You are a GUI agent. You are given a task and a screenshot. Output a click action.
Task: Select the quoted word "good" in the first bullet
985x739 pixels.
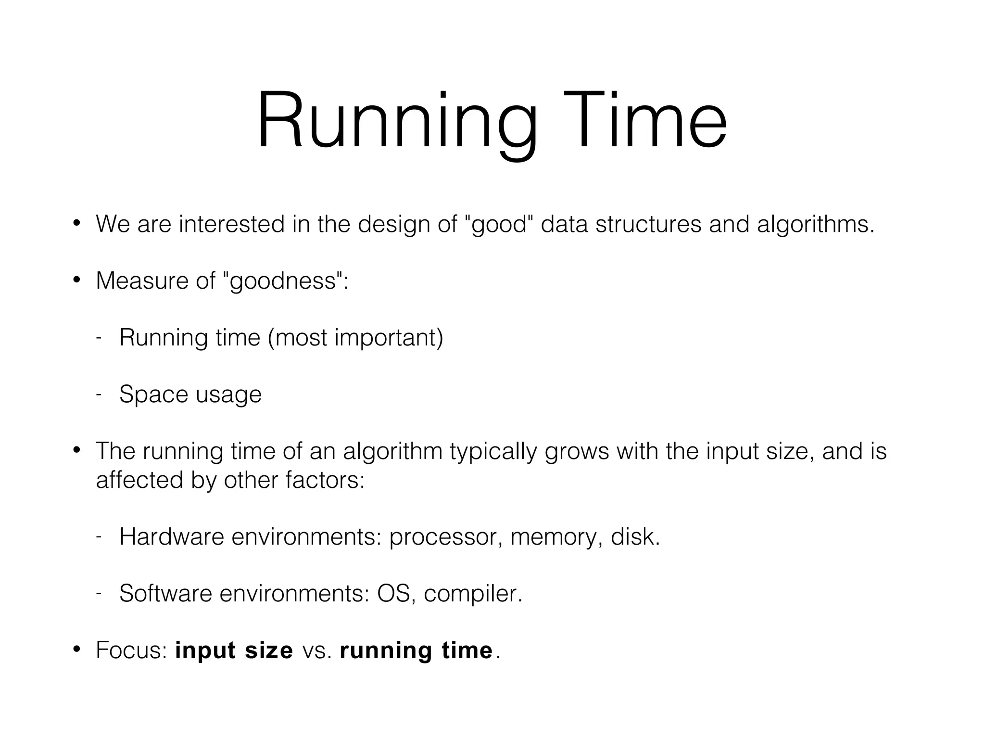pyautogui.click(x=500, y=224)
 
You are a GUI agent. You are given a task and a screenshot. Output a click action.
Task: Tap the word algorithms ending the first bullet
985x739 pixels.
pyautogui.click(x=815, y=224)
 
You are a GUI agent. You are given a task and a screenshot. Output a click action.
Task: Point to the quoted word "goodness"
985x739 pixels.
pyautogui.click(x=284, y=280)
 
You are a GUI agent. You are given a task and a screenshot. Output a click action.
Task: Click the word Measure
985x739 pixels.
pyautogui.click(x=141, y=280)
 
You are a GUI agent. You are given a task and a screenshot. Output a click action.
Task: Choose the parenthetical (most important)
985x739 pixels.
pyautogui.click(x=355, y=337)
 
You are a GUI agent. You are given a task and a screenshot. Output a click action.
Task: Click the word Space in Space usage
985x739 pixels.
pyautogui.click(x=153, y=394)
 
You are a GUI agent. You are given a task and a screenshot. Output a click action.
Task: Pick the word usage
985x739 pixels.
pyautogui.click(x=228, y=395)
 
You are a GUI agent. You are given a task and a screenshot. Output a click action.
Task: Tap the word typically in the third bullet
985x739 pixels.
pyautogui.click(x=493, y=451)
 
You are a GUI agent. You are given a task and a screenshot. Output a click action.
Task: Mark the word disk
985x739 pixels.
pyautogui.click(x=634, y=536)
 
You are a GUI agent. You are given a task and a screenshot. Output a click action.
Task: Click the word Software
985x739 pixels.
pyautogui.click(x=165, y=593)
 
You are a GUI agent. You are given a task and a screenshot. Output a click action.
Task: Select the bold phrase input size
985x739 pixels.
pyautogui.click(x=234, y=650)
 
